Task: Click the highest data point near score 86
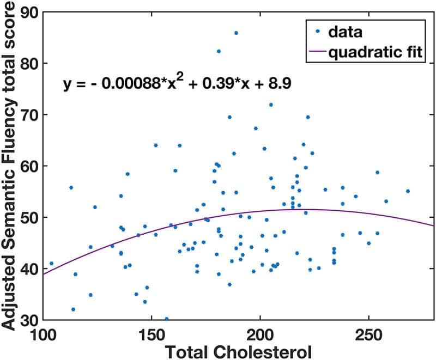[236, 33]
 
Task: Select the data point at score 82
[219, 51]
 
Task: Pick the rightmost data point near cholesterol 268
[408, 191]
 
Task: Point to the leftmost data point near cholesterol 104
[52, 263]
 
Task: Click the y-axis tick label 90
[28, 12]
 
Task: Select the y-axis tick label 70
[28, 114]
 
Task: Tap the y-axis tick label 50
[28, 217]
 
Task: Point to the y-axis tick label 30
[28, 320]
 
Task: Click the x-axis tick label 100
[43, 334]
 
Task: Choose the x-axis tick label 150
[152, 334]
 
